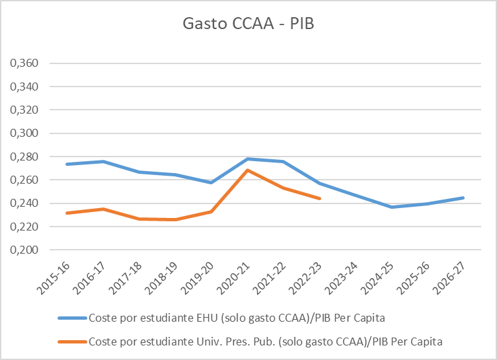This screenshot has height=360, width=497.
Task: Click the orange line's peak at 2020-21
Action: [x=247, y=170]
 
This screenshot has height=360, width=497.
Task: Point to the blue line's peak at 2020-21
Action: [x=247, y=159]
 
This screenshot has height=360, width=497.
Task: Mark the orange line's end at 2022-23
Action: [x=319, y=198]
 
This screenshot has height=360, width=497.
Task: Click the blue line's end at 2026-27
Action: [x=463, y=198]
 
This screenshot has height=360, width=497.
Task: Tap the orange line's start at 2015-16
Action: [x=67, y=213]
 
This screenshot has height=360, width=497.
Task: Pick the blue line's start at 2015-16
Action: [x=67, y=164]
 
